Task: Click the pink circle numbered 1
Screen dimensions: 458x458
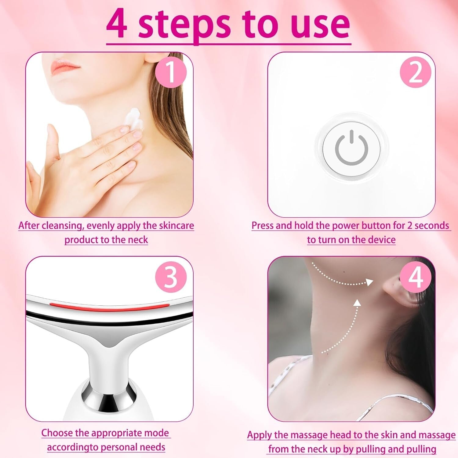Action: click(171, 72)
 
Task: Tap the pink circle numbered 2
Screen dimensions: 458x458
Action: click(416, 72)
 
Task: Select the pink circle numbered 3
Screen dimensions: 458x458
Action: click(171, 277)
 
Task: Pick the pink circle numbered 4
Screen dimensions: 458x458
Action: click(416, 277)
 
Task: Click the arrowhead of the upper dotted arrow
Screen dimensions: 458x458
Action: click(369, 282)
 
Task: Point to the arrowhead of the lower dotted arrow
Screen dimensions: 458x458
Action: click(357, 303)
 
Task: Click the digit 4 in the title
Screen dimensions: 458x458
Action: click(117, 24)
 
